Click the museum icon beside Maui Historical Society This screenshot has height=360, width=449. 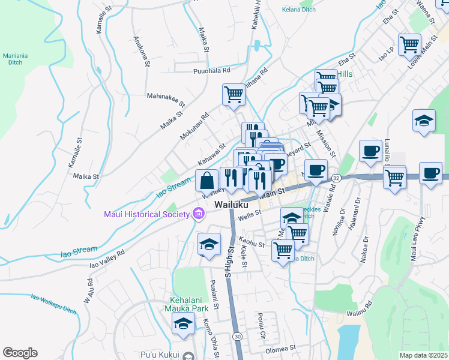point(196,214)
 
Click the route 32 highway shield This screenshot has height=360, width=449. point(336,178)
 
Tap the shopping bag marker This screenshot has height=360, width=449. point(207,181)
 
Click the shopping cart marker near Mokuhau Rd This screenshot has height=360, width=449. point(234,94)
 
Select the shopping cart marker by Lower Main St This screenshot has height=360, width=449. point(409,44)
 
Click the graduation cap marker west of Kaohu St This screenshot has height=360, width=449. point(209,244)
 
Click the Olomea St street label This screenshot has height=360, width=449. point(281,347)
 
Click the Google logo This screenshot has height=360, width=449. point(20,353)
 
